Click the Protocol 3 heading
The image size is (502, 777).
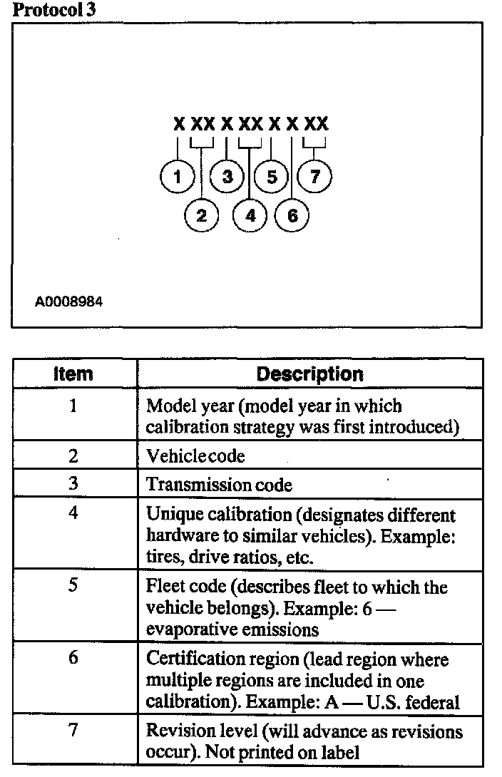pyautogui.click(x=55, y=10)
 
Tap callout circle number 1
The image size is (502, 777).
pyautogui.click(x=176, y=176)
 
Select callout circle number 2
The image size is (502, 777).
pyautogui.click(x=202, y=215)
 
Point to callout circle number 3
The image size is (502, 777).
pyautogui.click(x=227, y=176)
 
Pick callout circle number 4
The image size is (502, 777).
pyautogui.click(x=250, y=215)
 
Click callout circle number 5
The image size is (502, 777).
pyautogui.click(x=272, y=176)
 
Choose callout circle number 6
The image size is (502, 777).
pyautogui.click(x=292, y=215)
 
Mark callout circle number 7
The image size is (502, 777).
pyautogui.click(x=314, y=176)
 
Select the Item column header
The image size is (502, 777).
pyautogui.click(x=74, y=374)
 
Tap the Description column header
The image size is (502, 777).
pyautogui.click(x=309, y=374)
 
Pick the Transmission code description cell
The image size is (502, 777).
pyautogui.click(x=219, y=485)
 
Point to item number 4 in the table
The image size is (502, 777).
pyautogui.click(x=73, y=513)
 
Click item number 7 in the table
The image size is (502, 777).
pyautogui.click(x=73, y=731)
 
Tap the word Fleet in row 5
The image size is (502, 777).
pyautogui.click(x=163, y=587)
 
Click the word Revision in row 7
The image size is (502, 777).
pyautogui.click(x=173, y=732)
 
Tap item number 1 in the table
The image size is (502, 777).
pyautogui.click(x=73, y=406)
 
